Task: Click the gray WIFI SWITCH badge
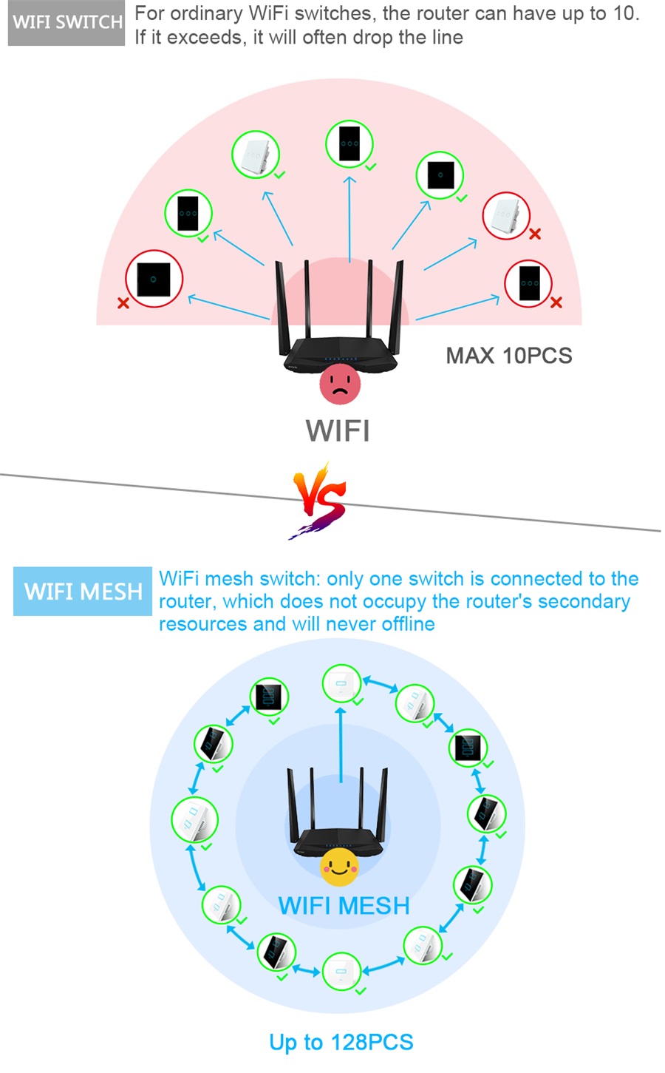66,23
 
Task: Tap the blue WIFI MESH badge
83,591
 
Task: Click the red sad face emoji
341,383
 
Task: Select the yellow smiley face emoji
339,867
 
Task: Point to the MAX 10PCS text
509,356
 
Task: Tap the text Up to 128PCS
341,1043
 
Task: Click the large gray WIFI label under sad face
338,430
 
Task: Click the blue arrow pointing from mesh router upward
341,745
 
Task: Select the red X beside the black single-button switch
123,302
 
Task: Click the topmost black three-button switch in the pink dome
349,143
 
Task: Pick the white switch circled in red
505,215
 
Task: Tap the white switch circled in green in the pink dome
256,155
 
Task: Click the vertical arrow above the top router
349,219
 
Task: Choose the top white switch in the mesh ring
341,684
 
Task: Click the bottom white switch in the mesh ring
341,972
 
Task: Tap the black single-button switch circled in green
440,175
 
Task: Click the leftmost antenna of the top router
282,307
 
